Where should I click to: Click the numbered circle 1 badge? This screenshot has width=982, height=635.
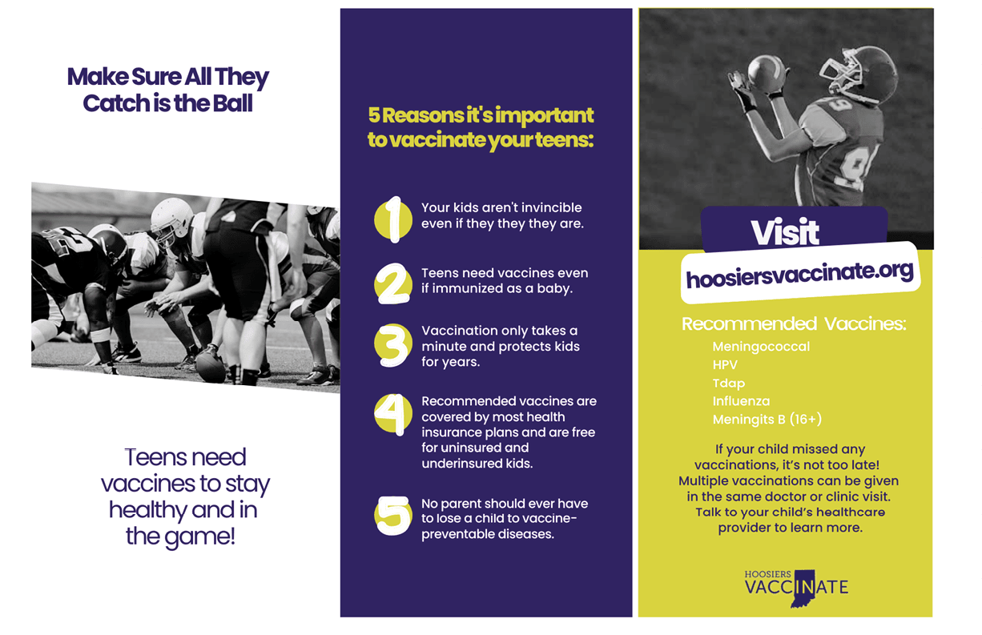click(x=393, y=219)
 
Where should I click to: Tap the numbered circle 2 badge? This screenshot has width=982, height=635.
click(x=393, y=283)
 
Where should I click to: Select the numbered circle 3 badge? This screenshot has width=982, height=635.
click(x=393, y=345)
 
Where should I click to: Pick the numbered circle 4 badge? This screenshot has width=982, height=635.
click(x=393, y=414)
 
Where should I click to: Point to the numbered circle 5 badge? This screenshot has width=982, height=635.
click(x=393, y=516)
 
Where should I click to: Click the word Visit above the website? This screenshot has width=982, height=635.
click(x=785, y=232)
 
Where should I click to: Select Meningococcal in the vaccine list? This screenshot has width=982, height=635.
click(x=761, y=347)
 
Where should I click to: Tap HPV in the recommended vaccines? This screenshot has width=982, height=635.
click(x=725, y=364)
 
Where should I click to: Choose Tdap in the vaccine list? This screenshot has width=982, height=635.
click(x=729, y=383)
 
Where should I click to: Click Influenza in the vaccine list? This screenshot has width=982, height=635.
click(x=741, y=401)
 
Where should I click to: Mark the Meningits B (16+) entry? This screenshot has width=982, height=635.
click(x=767, y=420)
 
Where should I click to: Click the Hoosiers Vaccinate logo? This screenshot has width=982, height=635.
click(x=796, y=588)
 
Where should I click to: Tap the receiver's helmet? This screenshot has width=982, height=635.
click(x=859, y=74)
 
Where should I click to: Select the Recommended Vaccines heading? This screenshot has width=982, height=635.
click(x=794, y=324)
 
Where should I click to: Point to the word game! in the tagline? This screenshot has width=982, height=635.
click(x=199, y=537)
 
